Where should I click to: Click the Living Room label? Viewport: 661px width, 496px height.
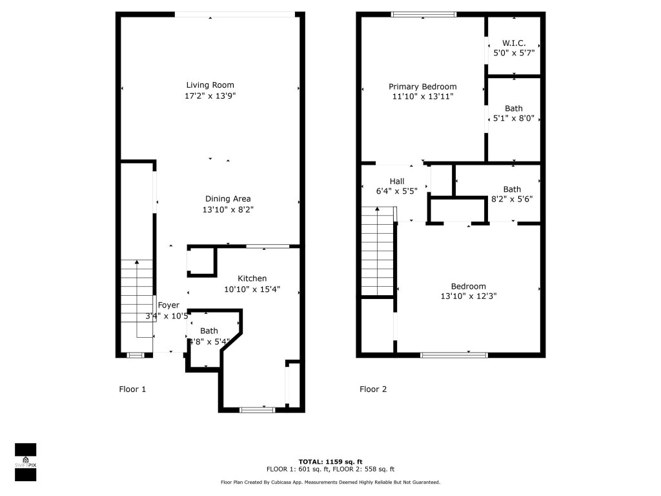click(x=210, y=85)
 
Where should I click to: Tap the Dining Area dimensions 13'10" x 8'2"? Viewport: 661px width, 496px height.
click(x=228, y=209)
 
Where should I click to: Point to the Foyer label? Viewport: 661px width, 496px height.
click(x=168, y=305)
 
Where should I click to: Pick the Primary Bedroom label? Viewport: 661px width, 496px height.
click(x=422, y=87)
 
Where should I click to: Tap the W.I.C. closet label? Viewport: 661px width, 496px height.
click(x=514, y=43)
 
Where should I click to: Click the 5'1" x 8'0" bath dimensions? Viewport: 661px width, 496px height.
click(x=513, y=119)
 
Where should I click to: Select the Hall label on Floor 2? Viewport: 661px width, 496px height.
click(x=396, y=181)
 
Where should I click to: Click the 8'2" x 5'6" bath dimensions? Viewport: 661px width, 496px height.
click(x=512, y=200)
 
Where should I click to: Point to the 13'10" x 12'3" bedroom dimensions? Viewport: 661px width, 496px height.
click(x=468, y=296)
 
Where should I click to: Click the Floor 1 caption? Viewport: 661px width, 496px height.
click(x=132, y=389)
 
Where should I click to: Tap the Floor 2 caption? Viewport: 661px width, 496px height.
click(x=373, y=389)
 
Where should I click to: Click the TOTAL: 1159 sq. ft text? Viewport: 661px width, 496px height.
click(x=330, y=462)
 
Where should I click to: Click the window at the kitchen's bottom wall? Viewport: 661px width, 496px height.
click(x=257, y=409)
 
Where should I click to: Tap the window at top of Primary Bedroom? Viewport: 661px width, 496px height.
click(x=424, y=14)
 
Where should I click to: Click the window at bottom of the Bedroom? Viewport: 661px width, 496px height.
click(x=453, y=355)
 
